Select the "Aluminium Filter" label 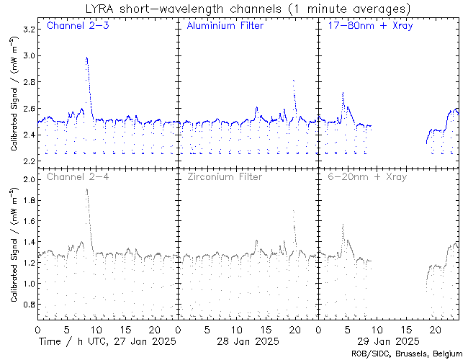(225, 26)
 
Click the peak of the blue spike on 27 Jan (86, 58)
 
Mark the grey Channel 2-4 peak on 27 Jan (86, 189)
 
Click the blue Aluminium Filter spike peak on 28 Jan (294, 81)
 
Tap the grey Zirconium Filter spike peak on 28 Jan (293, 210)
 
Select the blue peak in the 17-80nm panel (343, 93)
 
